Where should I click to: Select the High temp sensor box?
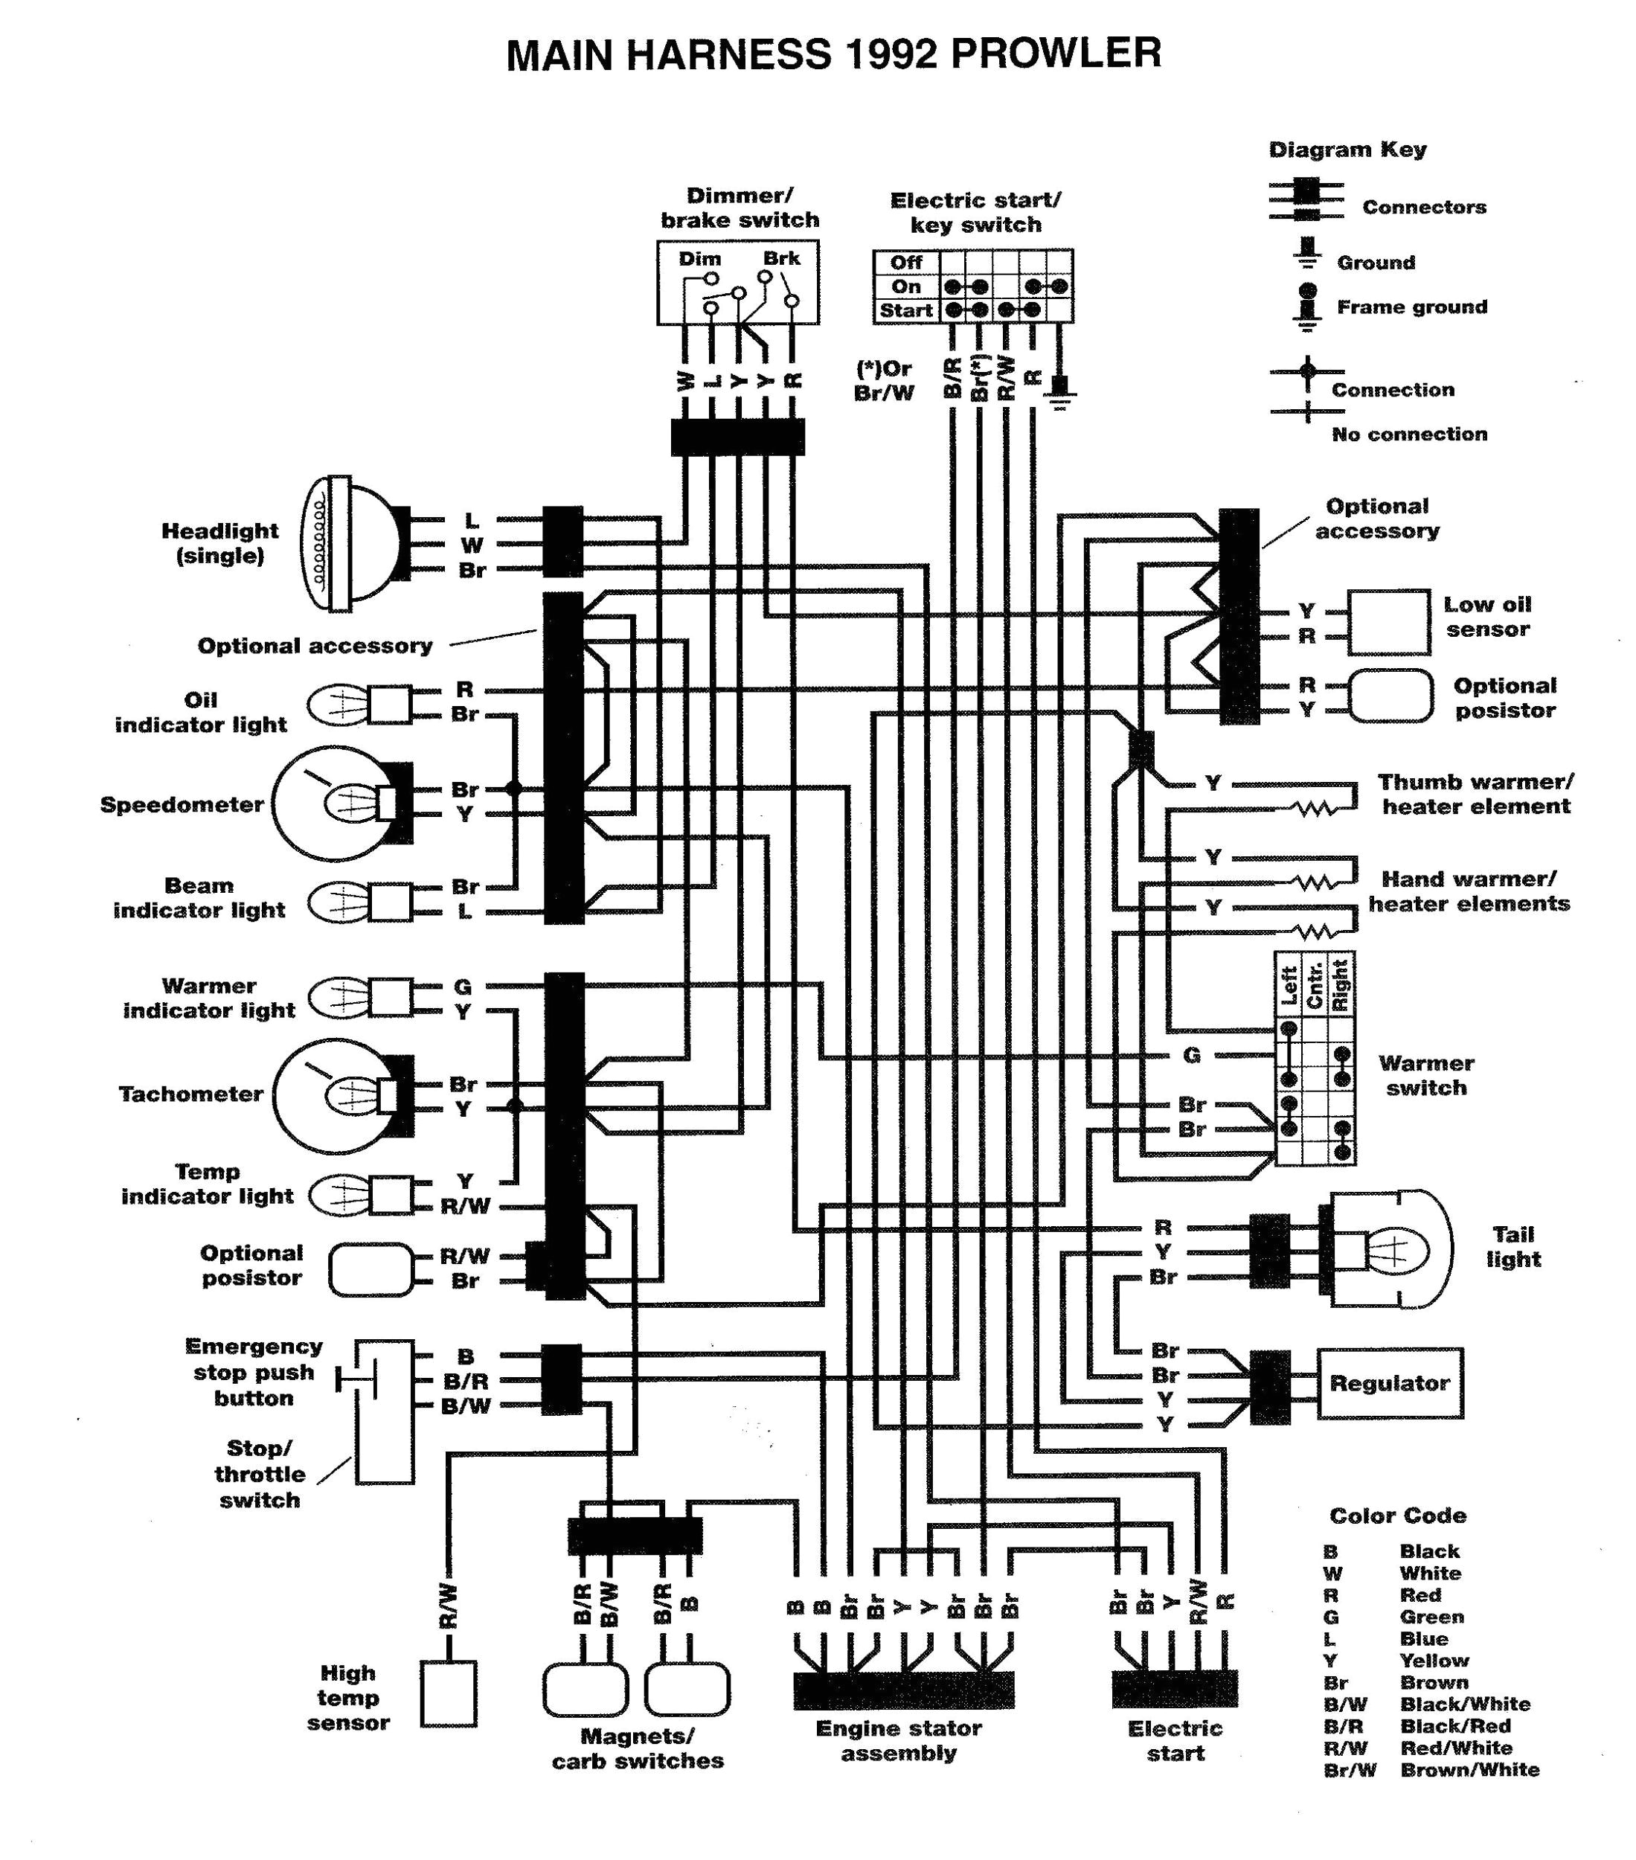[x=449, y=1693]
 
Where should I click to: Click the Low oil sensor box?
[x=1388, y=623]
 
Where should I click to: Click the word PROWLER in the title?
[x=1056, y=54]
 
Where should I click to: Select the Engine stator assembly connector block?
[x=902, y=1689]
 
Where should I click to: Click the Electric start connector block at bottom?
[x=1174, y=1689]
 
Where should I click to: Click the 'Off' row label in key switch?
[x=905, y=263]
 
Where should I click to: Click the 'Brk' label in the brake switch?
[x=782, y=258]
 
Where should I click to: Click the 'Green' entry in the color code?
[x=1431, y=1617]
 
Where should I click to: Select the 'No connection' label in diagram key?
[x=1408, y=434]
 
